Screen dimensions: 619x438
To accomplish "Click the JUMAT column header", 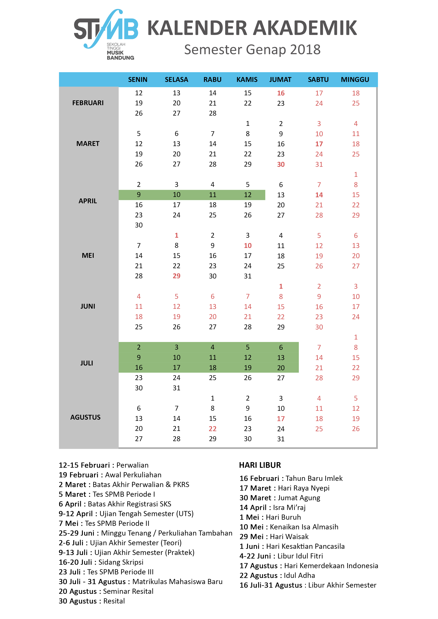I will [x=280, y=80].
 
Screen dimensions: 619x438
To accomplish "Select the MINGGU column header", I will [x=355, y=80].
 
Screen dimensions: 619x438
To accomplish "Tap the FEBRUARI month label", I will [x=88, y=103].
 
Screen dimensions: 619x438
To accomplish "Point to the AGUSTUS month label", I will [x=85, y=417].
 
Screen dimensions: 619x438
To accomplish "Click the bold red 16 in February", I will [x=281, y=93].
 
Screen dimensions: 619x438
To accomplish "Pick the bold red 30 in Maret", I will [x=281, y=164].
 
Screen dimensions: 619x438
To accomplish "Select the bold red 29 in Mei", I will [x=176, y=276].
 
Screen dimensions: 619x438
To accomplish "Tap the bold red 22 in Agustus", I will [x=212, y=429].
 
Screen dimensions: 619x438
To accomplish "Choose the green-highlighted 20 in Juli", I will [x=281, y=368].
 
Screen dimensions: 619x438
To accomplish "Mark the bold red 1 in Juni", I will [x=281, y=286].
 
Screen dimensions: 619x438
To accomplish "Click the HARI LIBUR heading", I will [x=260, y=465].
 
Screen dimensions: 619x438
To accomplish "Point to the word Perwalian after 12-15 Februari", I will [x=132, y=465].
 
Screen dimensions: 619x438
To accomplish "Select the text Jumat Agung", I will [x=299, y=498].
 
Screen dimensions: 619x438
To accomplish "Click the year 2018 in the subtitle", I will [x=305, y=50].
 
